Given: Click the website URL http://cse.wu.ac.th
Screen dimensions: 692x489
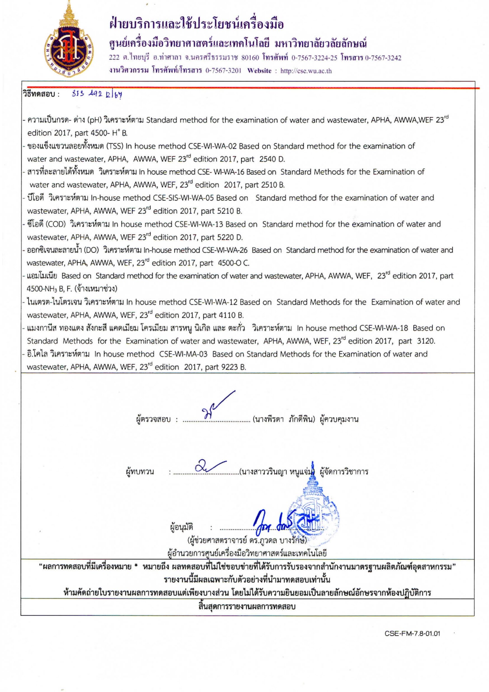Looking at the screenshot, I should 306,71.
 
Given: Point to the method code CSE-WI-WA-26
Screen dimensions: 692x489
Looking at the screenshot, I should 225,250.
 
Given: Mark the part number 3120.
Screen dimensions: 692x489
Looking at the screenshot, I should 426,341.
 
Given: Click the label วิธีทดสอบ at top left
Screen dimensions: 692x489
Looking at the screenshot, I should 41,94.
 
